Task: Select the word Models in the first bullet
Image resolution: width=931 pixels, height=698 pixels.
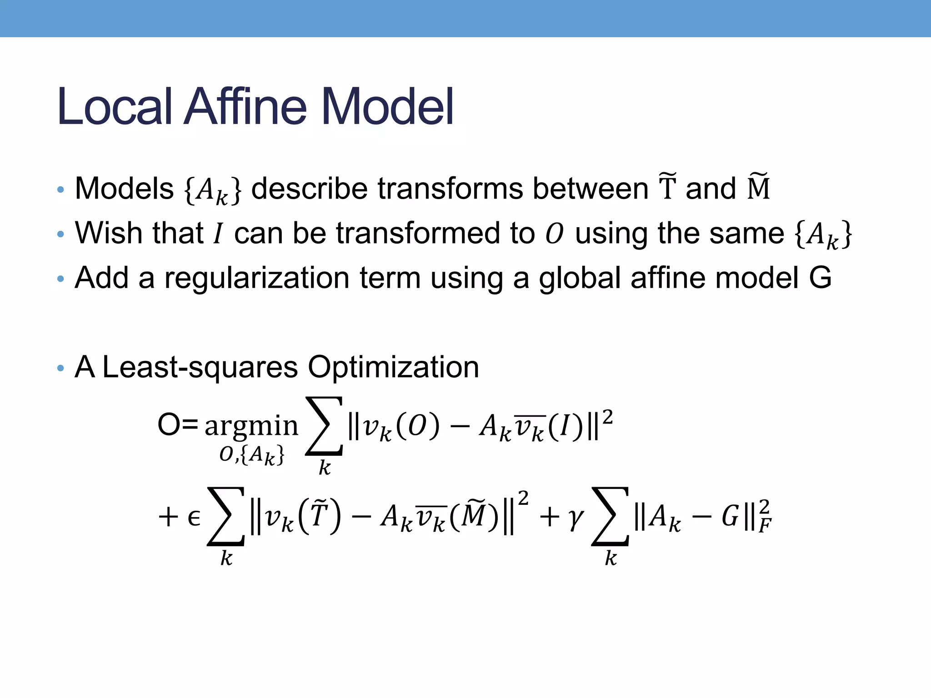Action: [x=124, y=188]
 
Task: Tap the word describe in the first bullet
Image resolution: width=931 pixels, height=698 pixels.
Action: [x=309, y=188]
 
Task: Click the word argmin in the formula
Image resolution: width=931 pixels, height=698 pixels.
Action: [x=251, y=426]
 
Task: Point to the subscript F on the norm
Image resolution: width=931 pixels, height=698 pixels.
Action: [x=765, y=526]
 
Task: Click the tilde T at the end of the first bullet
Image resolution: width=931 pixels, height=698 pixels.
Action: [x=667, y=187]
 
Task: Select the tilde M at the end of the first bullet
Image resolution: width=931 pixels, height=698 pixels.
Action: [x=758, y=187]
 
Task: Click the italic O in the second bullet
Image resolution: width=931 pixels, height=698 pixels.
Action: [x=554, y=234]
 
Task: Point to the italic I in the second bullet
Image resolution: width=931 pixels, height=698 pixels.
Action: [x=219, y=234]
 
